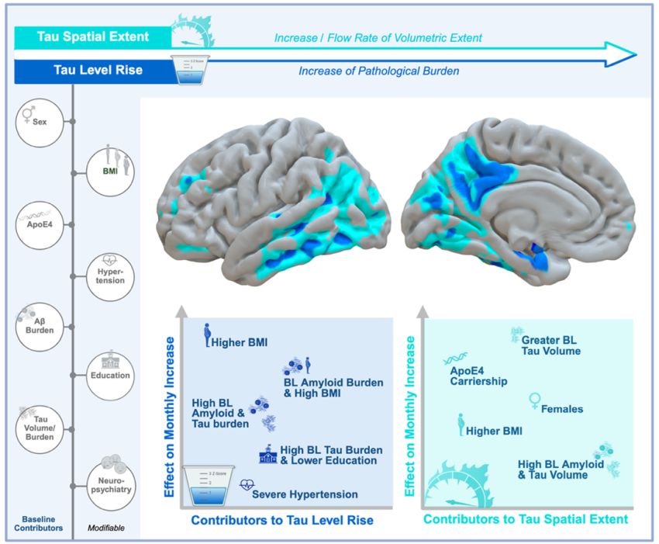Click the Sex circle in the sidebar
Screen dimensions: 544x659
click(40, 122)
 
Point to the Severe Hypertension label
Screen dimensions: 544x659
click(305, 494)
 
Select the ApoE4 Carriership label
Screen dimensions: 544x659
click(478, 376)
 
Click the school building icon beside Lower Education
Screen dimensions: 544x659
click(268, 456)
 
